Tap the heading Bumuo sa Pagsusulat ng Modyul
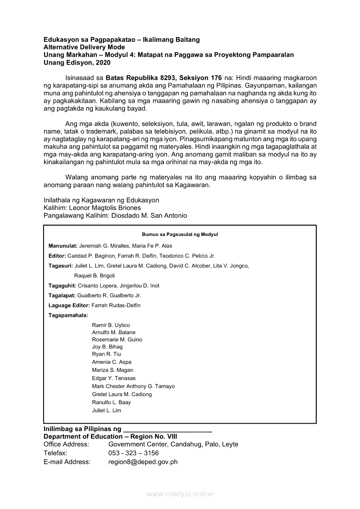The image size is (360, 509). (180, 235)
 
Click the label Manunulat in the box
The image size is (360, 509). (63, 246)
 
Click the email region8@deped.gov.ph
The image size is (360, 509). (143, 462)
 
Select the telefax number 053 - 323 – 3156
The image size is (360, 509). (133, 453)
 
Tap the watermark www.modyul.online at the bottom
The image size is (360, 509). (180, 494)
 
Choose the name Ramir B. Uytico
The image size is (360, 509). (111, 325)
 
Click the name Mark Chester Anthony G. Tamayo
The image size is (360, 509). (133, 386)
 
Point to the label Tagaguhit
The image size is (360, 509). (62, 286)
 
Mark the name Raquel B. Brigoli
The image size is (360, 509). (95, 276)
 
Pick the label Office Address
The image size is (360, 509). (66, 444)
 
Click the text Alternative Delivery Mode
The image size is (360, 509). (84, 47)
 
